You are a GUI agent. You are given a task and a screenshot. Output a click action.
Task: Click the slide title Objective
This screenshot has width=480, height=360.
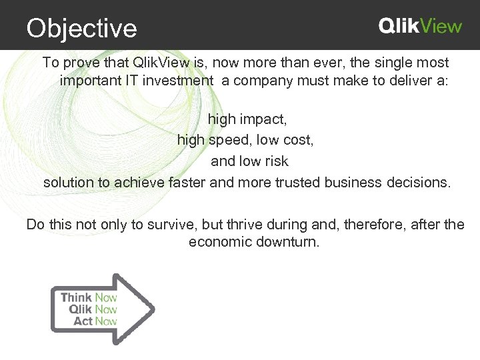click(x=81, y=29)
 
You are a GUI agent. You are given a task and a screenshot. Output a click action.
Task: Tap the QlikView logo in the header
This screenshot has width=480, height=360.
click(x=420, y=26)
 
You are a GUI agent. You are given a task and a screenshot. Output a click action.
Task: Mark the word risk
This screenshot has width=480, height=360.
click(x=276, y=161)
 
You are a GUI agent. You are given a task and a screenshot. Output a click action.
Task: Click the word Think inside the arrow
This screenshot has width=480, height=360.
click(x=76, y=297)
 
